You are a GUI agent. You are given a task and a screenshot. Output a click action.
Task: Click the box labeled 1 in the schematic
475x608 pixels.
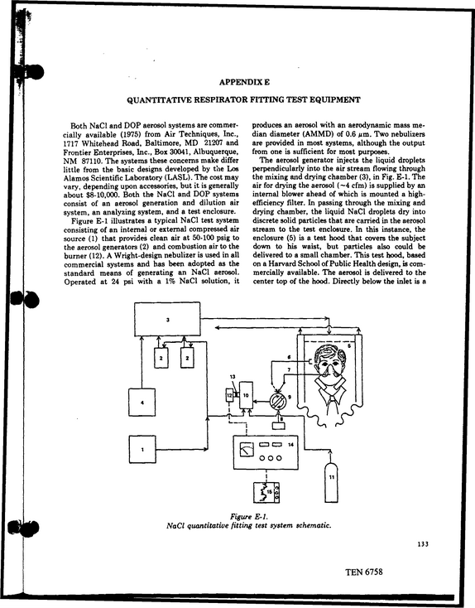point(142,450)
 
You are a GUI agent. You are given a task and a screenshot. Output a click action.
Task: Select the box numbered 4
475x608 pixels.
point(142,402)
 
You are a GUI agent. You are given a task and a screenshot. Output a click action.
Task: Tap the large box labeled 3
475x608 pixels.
point(167,319)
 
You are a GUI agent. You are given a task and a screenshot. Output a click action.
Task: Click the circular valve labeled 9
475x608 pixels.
point(278,401)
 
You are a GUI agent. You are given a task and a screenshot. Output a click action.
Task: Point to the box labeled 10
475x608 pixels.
point(246,395)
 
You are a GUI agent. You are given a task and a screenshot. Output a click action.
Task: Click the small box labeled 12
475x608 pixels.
point(229,395)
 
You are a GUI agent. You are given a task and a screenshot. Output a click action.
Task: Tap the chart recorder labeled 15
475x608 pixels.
point(266,492)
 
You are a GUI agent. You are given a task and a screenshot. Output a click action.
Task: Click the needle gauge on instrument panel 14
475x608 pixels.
point(247,450)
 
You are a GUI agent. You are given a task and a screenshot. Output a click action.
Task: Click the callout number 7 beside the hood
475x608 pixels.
point(289,370)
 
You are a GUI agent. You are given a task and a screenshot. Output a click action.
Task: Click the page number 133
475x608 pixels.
point(423,544)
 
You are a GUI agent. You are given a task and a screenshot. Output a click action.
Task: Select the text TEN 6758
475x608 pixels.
point(364,572)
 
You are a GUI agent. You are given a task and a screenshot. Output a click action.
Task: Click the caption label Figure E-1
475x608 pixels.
point(249,517)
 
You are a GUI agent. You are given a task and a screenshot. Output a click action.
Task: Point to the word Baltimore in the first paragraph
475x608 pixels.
point(162,142)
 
